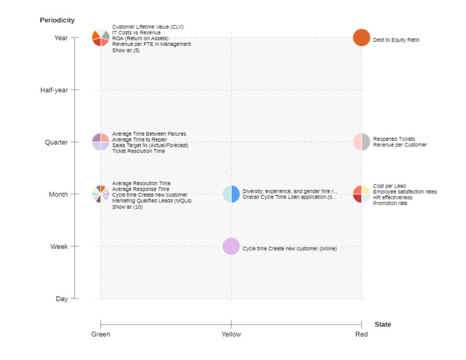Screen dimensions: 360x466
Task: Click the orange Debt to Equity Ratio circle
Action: pyautogui.click(x=361, y=38)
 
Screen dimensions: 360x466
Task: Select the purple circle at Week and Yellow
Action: pyautogui.click(x=231, y=246)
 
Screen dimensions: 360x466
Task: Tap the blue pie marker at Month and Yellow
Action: pyautogui.click(x=231, y=194)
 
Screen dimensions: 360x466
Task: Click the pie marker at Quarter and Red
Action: pyautogui.click(x=361, y=142)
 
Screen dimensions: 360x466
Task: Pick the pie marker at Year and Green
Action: pyautogui.click(x=100, y=38)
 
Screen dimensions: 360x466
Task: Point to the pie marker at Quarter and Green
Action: pyautogui.click(x=100, y=142)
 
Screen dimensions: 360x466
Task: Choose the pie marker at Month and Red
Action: pyautogui.click(x=361, y=194)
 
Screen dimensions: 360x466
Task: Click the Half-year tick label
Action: pyautogui.click(x=54, y=90)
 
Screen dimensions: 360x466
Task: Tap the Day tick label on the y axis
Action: pyautogui.click(x=62, y=299)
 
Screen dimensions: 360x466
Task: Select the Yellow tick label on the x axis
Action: pyautogui.click(x=231, y=334)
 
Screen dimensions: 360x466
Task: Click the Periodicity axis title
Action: pyautogui.click(x=57, y=20)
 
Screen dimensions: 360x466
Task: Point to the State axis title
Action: pyautogui.click(x=383, y=324)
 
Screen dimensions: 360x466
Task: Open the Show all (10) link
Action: pyautogui.click(x=127, y=207)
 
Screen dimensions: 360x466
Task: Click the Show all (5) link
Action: pyautogui.click(x=126, y=51)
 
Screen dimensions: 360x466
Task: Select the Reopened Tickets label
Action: pyautogui.click(x=394, y=139)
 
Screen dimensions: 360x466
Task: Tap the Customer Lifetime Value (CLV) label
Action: pyautogui.click(x=147, y=27)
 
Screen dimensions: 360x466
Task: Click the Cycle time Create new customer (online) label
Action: pyautogui.click(x=290, y=249)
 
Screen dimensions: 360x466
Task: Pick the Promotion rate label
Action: pyautogui.click(x=390, y=203)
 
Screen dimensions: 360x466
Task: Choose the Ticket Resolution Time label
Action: pyautogui.click(x=138, y=151)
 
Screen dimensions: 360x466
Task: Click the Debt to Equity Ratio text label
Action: pyautogui.click(x=396, y=40)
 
